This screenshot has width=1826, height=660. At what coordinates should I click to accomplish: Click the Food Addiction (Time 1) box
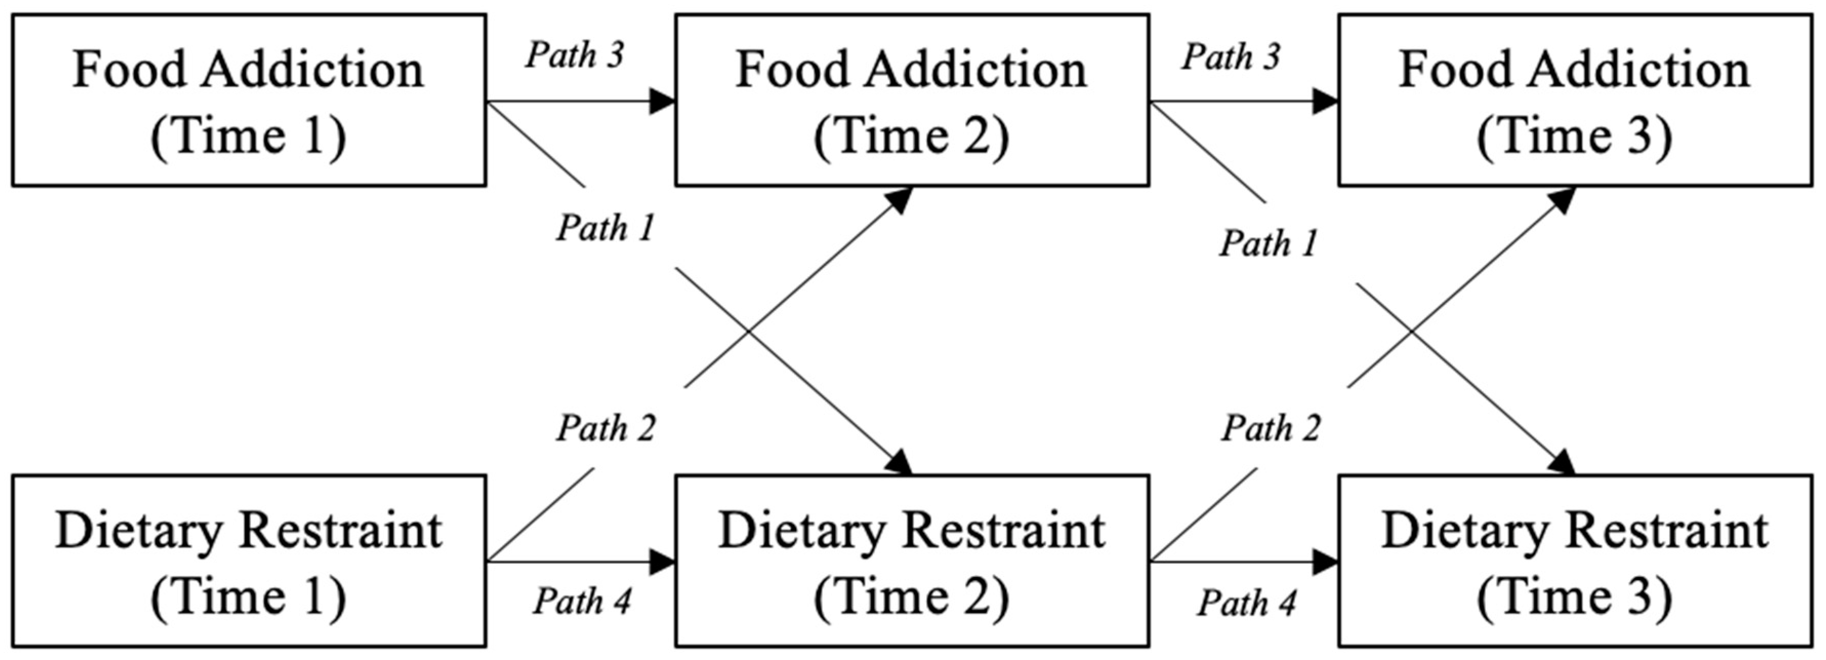point(249,100)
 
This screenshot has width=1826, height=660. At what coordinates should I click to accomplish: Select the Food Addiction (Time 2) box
point(911,100)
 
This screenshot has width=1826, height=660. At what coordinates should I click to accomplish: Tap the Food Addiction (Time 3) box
point(1574,100)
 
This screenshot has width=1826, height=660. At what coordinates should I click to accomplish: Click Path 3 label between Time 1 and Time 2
point(574,55)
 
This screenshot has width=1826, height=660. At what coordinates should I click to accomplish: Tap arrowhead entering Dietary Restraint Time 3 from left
point(1325,563)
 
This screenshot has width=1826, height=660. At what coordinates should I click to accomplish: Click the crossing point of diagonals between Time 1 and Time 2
point(749,331)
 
